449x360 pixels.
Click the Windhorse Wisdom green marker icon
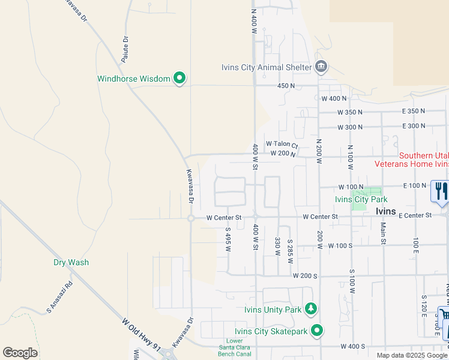(179, 78)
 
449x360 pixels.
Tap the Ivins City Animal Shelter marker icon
(321, 67)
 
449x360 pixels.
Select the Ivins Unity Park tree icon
(310, 309)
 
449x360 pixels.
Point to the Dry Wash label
(71, 262)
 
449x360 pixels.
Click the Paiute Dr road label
(125, 50)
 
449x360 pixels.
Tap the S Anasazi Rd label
(60, 298)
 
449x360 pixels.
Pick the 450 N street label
(286, 86)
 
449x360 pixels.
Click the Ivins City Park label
(361, 199)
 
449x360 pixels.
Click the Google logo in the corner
(19, 353)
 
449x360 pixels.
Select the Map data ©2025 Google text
(412, 355)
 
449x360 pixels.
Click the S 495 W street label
(228, 239)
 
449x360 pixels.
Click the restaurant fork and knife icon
(441, 191)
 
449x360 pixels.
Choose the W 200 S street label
(305, 275)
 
